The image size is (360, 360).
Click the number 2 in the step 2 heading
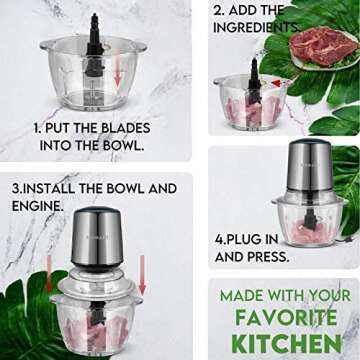pos(219,10)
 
